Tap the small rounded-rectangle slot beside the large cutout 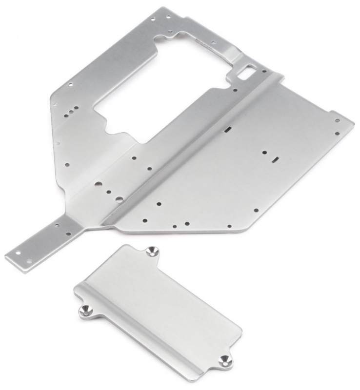[248, 70]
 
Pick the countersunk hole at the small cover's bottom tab [225, 361]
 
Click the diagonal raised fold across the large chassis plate [195, 146]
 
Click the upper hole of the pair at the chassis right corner [337, 120]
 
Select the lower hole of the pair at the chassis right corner [336, 133]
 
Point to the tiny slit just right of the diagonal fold [227, 130]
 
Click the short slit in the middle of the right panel [275, 159]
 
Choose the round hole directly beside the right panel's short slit [264, 152]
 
